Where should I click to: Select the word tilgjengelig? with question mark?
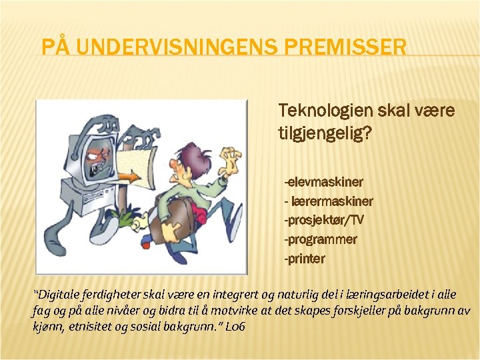325,133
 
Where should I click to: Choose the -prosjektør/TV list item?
324,220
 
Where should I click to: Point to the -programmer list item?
321,239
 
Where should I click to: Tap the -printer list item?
305,259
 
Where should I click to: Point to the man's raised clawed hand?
233,161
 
